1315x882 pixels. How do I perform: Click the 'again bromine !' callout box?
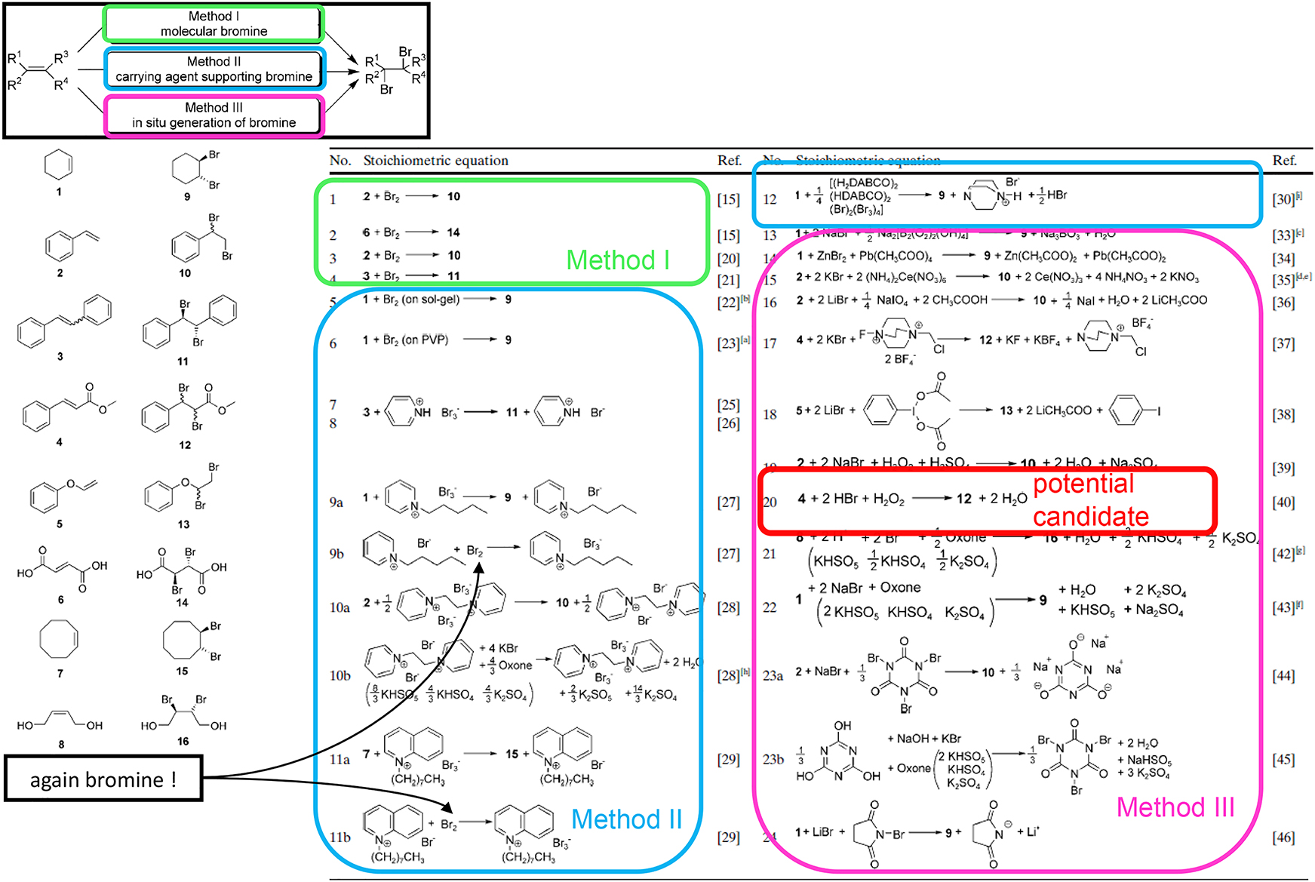103,779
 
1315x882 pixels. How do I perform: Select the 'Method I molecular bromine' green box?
214,23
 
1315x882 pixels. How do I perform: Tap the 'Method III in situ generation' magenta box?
214,115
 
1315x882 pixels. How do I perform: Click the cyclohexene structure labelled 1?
59,164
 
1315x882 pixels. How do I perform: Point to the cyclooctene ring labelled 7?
59,640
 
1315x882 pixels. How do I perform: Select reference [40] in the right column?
1283,502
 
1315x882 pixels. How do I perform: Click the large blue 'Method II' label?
626,819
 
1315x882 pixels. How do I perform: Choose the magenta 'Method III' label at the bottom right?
1175,807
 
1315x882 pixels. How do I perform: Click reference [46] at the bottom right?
1283,837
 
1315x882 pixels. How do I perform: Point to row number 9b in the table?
336,554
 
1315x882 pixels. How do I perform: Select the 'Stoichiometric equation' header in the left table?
435,161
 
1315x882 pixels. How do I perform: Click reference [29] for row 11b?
728,837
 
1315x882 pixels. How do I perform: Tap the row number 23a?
773,676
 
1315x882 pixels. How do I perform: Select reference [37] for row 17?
1283,343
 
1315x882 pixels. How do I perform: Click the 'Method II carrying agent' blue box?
214,69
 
